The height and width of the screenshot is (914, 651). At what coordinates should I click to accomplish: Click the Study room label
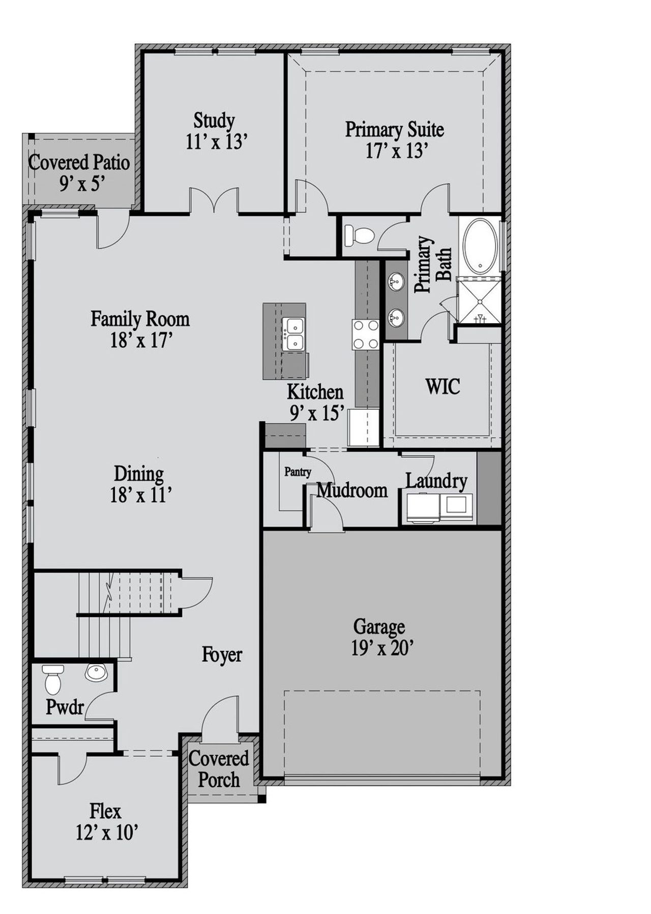point(214,121)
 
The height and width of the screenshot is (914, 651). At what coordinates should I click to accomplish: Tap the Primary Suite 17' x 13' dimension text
point(395,151)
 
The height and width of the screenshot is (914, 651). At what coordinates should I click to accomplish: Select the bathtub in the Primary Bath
point(480,245)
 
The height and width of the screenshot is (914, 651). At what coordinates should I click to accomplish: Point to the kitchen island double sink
point(293,334)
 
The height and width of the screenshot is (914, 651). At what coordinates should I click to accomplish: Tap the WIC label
point(442,386)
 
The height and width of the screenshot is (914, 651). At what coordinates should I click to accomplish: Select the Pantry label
point(298,472)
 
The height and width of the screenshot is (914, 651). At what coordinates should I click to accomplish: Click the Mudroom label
point(352,490)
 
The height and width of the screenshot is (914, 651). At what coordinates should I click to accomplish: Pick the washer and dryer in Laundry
point(439,508)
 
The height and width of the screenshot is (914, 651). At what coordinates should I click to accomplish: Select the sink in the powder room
point(96,673)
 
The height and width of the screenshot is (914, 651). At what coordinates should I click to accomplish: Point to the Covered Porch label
point(219,769)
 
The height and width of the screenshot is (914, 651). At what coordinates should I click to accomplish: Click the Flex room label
point(105,810)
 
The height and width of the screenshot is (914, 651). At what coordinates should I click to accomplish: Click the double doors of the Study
point(214,201)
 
